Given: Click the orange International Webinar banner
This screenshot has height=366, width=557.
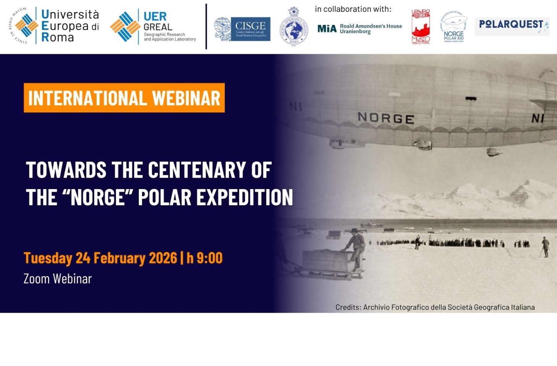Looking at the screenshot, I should [x=124, y=98].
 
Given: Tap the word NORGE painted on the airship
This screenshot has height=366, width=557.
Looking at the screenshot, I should [x=386, y=118].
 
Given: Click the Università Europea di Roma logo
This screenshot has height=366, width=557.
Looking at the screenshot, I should [x=54, y=26].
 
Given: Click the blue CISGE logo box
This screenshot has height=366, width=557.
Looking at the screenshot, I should [x=250, y=29].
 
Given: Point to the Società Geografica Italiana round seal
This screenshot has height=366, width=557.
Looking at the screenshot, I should [x=293, y=27].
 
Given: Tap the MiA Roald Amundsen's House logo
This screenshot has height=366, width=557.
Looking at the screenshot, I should [x=359, y=29].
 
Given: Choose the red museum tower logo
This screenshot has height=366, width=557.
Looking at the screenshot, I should [x=420, y=27].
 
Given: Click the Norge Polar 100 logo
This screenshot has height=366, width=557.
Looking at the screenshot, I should [x=454, y=27].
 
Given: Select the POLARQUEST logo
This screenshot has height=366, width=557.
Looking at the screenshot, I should [x=512, y=26].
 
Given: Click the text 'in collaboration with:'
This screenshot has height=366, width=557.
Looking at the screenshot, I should [x=353, y=9].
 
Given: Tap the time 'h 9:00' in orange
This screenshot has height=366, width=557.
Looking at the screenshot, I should [x=204, y=258].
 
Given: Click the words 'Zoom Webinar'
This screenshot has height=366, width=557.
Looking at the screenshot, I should [x=58, y=279].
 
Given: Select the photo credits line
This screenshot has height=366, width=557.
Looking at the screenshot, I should [x=435, y=307].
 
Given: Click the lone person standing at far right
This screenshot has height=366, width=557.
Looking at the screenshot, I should [x=546, y=246].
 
